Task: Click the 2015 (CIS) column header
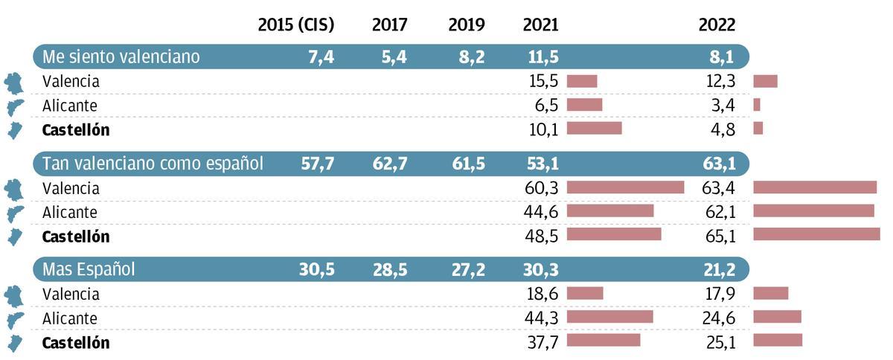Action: (x=295, y=25)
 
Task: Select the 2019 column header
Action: (x=467, y=25)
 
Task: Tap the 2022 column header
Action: (x=717, y=25)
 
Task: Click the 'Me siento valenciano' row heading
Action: (x=121, y=57)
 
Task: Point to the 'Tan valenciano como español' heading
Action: (x=153, y=163)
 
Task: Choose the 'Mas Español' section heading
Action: (x=89, y=269)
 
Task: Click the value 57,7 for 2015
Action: (x=317, y=163)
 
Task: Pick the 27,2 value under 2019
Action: (x=468, y=269)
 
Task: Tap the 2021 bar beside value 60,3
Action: (x=625, y=187)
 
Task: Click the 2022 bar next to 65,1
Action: (x=816, y=234)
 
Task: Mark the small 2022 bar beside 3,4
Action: (x=757, y=105)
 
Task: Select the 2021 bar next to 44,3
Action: (x=609, y=317)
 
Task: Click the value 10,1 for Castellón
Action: (x=541, y=129)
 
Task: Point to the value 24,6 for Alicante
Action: (x=720, y=318)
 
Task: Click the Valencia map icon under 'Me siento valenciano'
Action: (x=14, y=82)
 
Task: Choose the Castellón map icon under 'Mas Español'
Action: (x=14, y=342)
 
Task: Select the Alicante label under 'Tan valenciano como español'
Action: (x=70, y=212)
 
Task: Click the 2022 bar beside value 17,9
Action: (x=770, y=293)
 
